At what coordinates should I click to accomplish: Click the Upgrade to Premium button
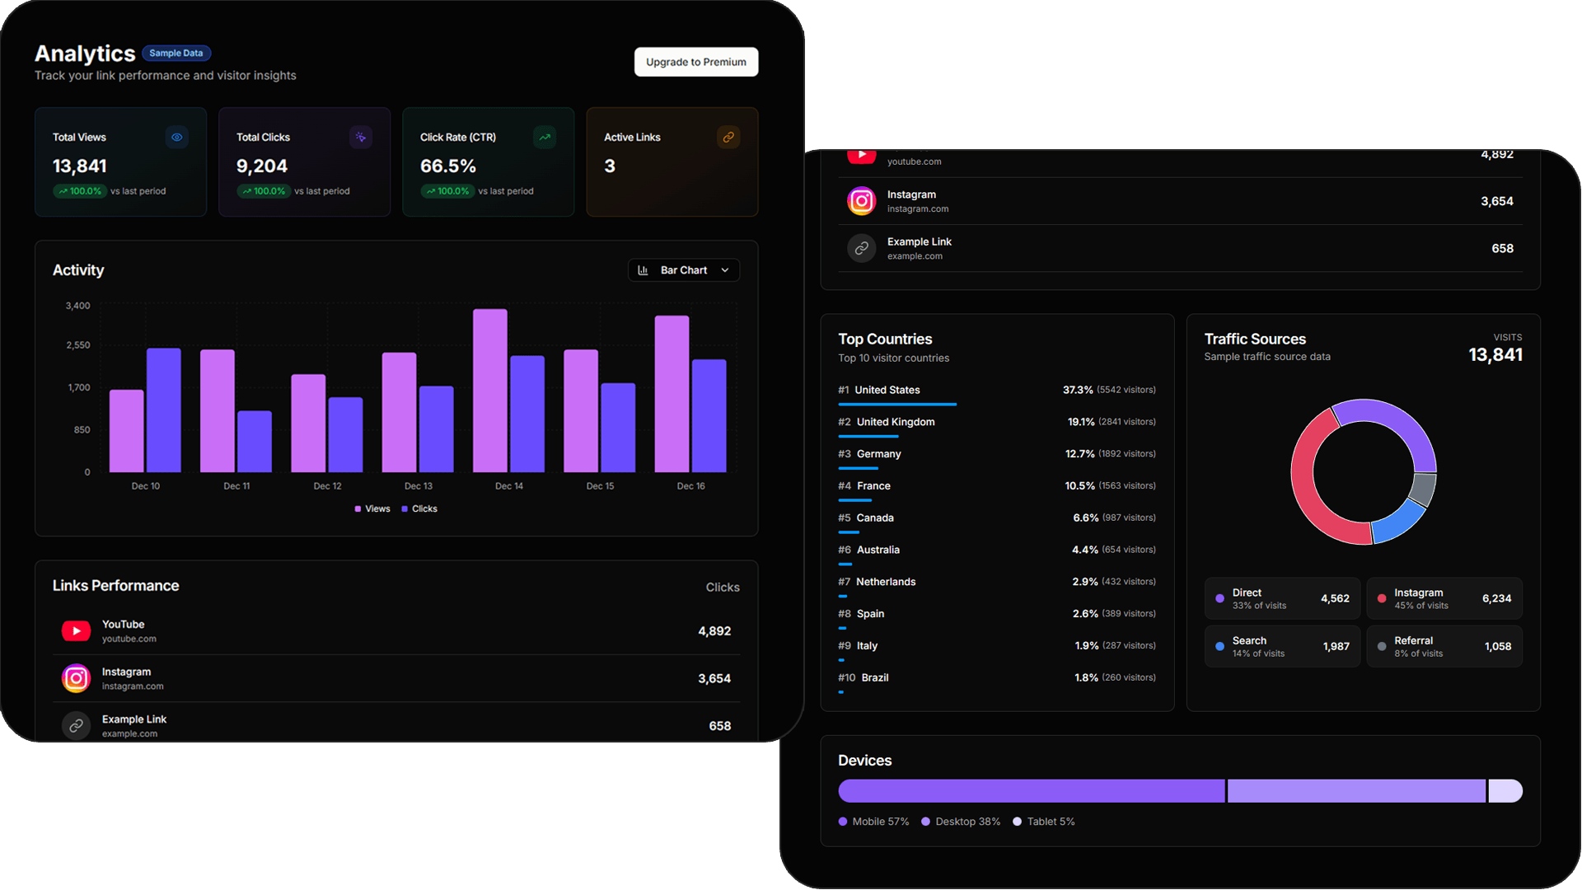coord(695,62)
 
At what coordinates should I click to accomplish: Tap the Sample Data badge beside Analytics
coord(176,54)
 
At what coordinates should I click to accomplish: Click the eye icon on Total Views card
coord(176,138)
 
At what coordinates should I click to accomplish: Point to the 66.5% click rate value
coord(448,166)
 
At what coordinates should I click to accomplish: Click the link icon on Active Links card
coord(728,138)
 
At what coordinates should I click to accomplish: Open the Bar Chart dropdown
coord(683,270)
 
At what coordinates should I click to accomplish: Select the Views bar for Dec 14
coord(489,391)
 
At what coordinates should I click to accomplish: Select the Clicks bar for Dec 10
coord(163,410)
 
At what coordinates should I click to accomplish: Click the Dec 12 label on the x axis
coord(327,486)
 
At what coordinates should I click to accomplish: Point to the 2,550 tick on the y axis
coord(78,345)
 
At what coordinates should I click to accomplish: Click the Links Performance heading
coord(115,586)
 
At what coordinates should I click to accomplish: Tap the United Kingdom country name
coord(895,422)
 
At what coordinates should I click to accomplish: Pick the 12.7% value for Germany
coord(1079,454)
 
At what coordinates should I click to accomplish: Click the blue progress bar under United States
coord(896,404)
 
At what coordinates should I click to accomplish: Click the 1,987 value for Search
coord(1336,647)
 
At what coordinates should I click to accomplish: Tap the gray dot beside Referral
coord(1382,647)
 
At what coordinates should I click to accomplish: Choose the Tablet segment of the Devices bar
coord(1505,791)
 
